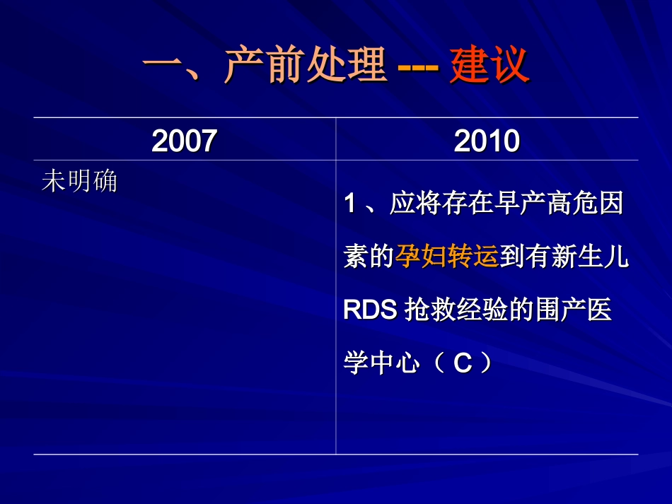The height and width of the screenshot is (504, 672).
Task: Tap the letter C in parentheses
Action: (x=462, y=364)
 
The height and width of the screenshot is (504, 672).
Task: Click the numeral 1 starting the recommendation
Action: (x=349, y=205)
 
